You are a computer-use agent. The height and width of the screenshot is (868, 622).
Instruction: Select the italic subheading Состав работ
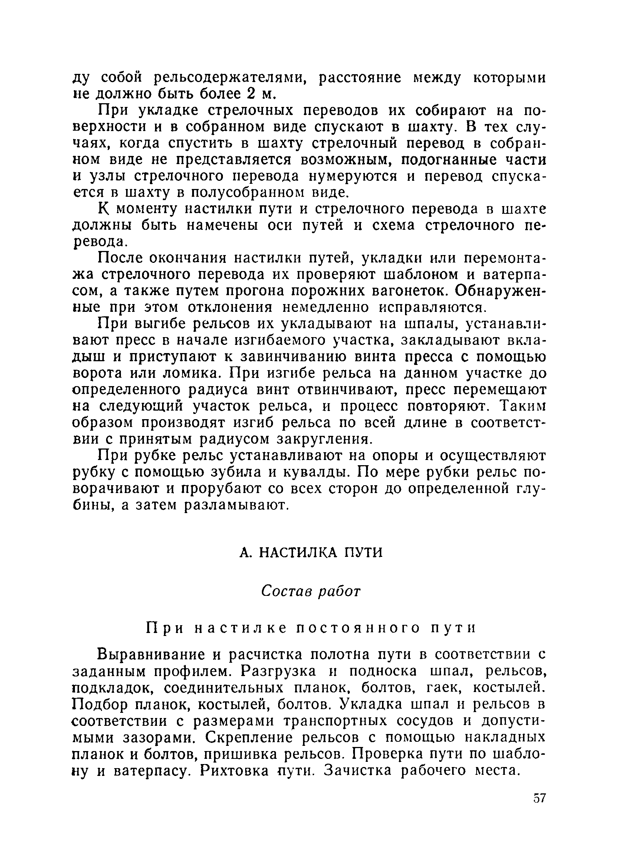(310, 592)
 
